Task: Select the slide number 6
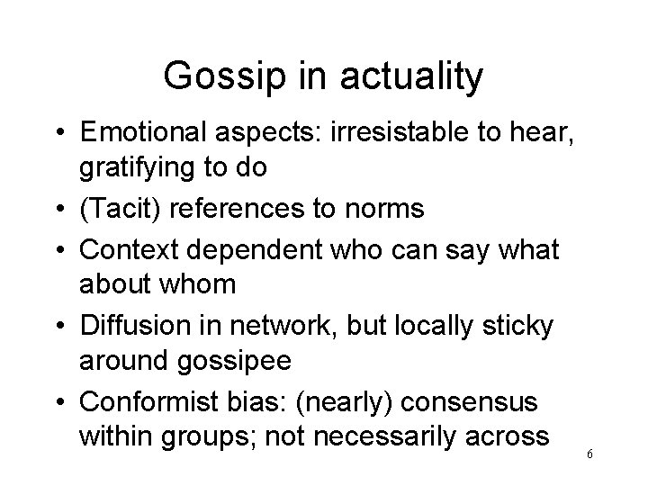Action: (x=589, y=454)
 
